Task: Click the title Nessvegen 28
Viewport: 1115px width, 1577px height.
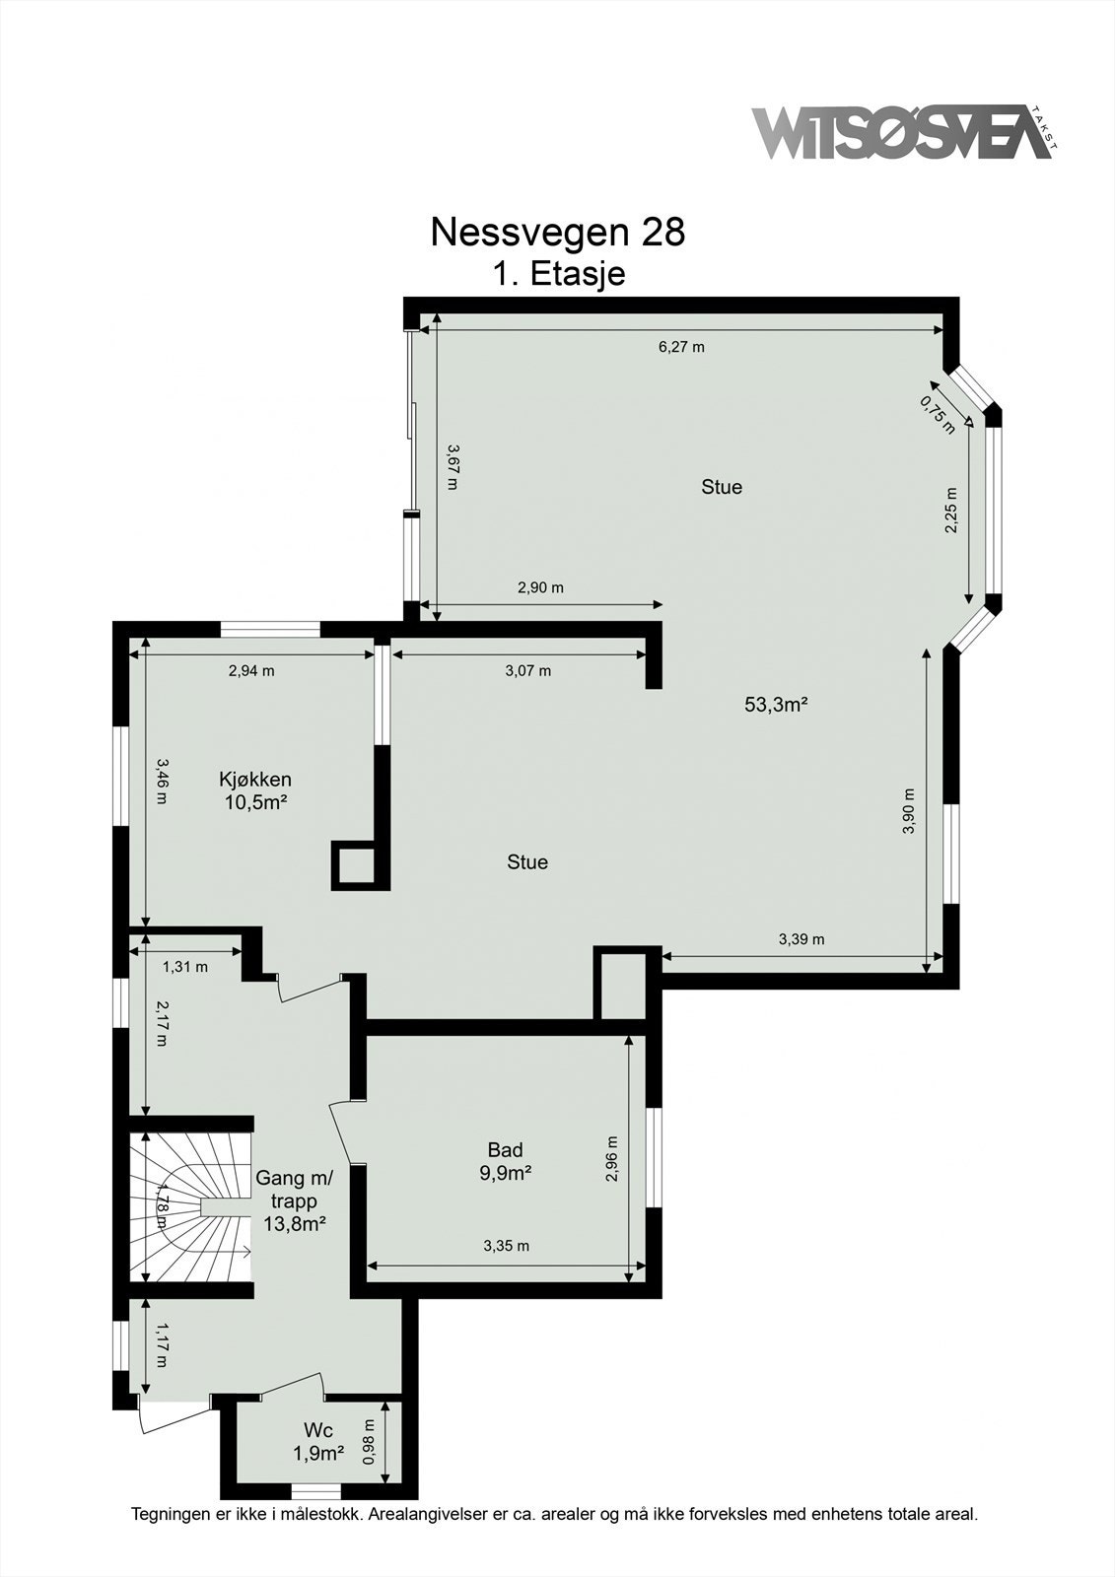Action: (x=557, y=233)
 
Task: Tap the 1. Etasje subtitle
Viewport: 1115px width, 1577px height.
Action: (x=559, y=273)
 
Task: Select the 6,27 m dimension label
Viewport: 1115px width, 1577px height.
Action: (x=681, y=346)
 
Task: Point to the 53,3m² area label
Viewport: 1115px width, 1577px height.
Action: (x=776, y=704)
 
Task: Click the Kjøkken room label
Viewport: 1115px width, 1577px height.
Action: (x=255, y=780)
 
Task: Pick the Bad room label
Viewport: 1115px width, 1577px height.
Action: (x=505, y=1149)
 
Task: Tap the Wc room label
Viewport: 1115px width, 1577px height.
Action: (x=317, y=1430)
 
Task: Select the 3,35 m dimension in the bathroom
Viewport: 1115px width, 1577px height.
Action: (x=506, y=1246)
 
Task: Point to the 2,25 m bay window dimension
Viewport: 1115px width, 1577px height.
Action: (x=951, y=511)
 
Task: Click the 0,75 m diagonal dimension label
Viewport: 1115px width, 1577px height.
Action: (x=938, y=414)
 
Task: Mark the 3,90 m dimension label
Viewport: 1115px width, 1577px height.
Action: (x=908, y=811)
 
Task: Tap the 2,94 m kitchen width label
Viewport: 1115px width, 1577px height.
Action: (x=251, y=671)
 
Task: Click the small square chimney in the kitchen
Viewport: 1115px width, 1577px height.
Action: (x=355, y=864)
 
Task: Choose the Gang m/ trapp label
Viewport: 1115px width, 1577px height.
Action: (x=295, y=1189)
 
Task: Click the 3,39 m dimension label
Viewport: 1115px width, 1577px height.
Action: (x=801, y=939)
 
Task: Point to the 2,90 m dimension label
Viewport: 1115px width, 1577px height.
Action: (x=540, y=587)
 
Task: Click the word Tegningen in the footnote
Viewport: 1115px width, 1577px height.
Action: (x=169, y=1513)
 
